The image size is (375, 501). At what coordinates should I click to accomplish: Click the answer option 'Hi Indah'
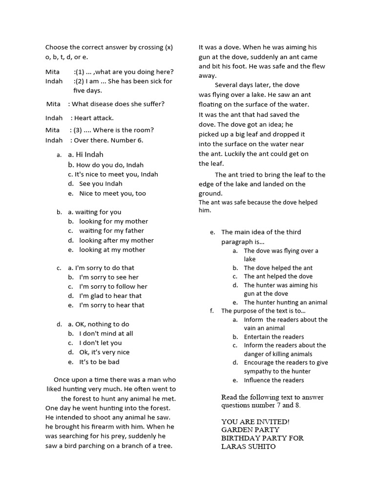coord(89,155)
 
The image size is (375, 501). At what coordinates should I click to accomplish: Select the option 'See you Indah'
coord(101,183)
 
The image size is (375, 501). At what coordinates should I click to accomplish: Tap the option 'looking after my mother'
coord(116,240)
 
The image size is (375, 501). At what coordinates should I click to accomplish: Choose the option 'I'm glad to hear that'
coord(110,296)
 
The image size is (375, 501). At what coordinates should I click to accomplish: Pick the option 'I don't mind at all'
coord(106,333)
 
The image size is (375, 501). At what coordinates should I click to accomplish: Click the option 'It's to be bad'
coord(99,362)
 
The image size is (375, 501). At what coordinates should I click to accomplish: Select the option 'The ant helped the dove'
coord(278,276)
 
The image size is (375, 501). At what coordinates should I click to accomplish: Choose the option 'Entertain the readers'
coord(273,337)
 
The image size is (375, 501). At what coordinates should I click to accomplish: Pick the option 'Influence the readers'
coord(273,380)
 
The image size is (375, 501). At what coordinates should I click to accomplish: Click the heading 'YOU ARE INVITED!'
coord(255,421)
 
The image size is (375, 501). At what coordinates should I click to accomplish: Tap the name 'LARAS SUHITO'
coord(248,446)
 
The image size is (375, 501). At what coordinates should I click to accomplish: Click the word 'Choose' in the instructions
coord(57,47)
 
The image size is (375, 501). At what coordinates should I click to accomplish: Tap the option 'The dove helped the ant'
coord(278,268)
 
